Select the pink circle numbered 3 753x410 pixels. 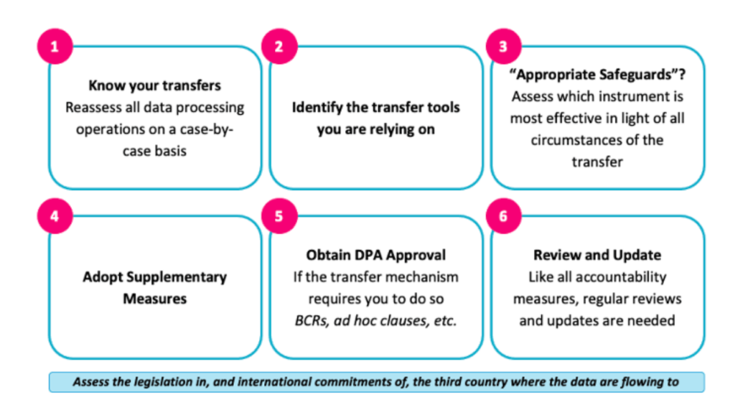503,47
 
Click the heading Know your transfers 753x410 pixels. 154,85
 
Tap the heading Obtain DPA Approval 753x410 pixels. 376,255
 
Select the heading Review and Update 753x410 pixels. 597,255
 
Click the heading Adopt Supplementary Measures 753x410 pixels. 154,288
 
